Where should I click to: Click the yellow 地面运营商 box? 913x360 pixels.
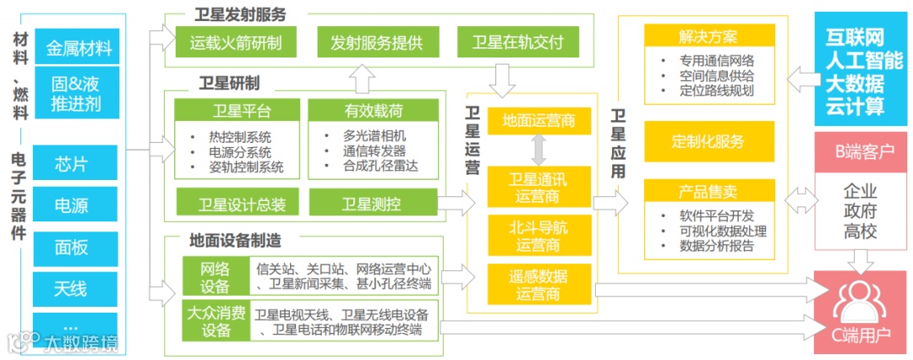(539, 121)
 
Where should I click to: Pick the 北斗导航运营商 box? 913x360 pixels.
(539, 235)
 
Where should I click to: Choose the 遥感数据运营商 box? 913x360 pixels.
(539, 285)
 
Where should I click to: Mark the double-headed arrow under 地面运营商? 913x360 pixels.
(539, 150)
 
